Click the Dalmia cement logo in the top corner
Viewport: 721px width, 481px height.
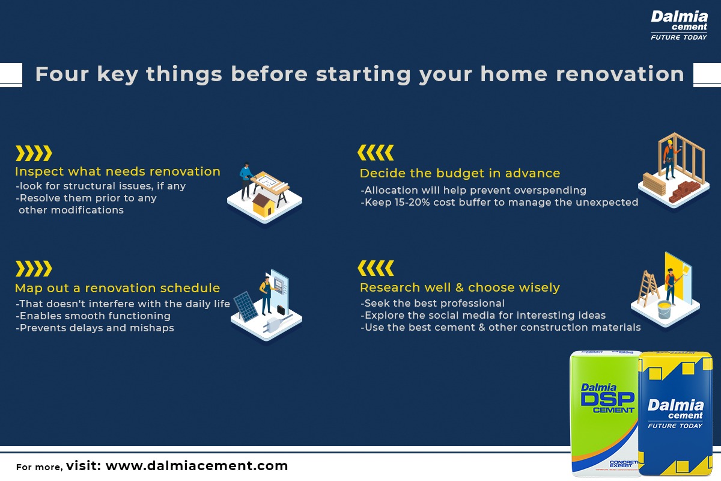(679, 25)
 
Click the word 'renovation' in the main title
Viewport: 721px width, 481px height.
(620, 74)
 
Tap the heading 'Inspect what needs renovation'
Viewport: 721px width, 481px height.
(118, 171)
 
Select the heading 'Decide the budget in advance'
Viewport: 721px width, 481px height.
(460, 173)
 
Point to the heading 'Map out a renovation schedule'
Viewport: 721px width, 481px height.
(118, 288)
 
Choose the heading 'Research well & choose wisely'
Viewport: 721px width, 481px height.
(460, 287)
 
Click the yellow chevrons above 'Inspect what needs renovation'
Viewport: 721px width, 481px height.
(34, 153)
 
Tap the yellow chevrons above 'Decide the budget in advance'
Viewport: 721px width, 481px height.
(376, 152)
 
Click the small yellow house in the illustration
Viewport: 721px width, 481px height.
(264, 205)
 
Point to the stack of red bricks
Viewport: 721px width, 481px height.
(684, 191)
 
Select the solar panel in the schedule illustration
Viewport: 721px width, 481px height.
(245, 307)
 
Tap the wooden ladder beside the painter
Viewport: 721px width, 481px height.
(648, 289)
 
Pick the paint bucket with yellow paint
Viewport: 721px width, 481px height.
(664, 309)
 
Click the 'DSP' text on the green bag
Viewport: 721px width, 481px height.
(607, 399)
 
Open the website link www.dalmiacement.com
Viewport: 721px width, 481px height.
(196, 466)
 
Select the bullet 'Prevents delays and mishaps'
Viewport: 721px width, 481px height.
(95, 328)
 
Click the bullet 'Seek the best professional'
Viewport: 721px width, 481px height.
(433, 303)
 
